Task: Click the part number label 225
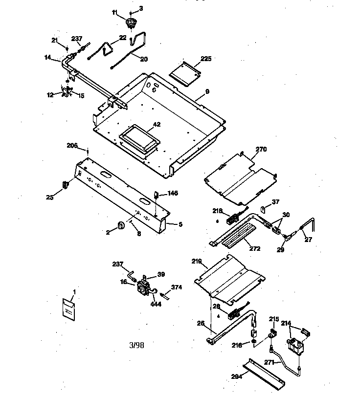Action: tap(206, 59)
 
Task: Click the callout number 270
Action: tap(261, 150)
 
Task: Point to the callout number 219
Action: tap(196, 262)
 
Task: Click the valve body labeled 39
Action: tap(145, 285)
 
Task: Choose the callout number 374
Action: tap(176, 287)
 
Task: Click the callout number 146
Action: tap(172, 193)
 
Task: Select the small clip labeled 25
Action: tap(65, 185)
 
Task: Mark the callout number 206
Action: tap(72, 146)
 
